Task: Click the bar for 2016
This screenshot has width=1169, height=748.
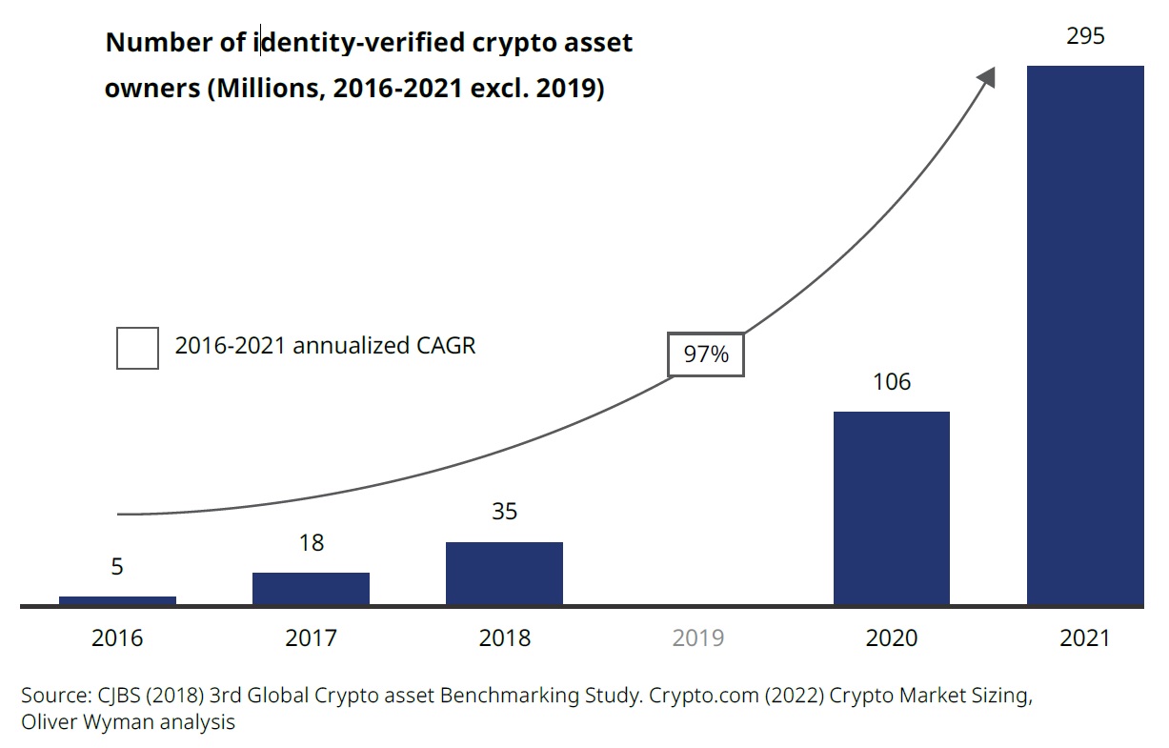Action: pyautogui.click(x=117, y=600)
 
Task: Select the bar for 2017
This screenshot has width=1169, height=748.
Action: pyautogui.click(x=311, y=588)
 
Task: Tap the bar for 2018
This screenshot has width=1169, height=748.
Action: pyautogui.click(x=504, y=573)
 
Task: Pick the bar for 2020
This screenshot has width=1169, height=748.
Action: pyautogui.click(x=891, y=508)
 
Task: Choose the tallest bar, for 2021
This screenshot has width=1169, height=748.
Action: pyautogui.click(x=1084, y=335)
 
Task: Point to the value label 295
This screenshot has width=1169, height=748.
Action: pyautogui.click(x=1085, y=36)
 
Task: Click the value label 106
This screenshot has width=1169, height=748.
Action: pyautogui.click(x=891, y=382)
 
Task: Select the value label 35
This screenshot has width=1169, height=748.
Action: pyautogui.click(x=504, y=512)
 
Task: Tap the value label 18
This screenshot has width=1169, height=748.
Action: pyautogui.click(x=311, y=543)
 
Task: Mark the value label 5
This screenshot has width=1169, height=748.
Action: pyautogui.click(x=117, y=567)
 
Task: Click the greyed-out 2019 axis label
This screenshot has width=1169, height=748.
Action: pyautogui.click(x=697, y=637)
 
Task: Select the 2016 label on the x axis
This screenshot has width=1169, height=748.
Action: pyautogui.click(x=117, y=637)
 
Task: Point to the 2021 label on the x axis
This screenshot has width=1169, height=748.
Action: pyautogui.click(x=1084, y=637)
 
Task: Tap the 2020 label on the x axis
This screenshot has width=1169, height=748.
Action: pyautogui.click(x=891, y=637)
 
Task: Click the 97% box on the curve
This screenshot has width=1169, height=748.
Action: pyautogui.click(x=706, y=354)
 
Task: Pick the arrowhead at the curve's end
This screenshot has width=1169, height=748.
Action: pyautogui.click(x=986, y=76)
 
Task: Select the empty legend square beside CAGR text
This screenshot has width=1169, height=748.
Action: pyautogui.click(x=137, y=348)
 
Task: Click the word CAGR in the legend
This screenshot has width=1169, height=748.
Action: pyautogui.click(x=445, y=345)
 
